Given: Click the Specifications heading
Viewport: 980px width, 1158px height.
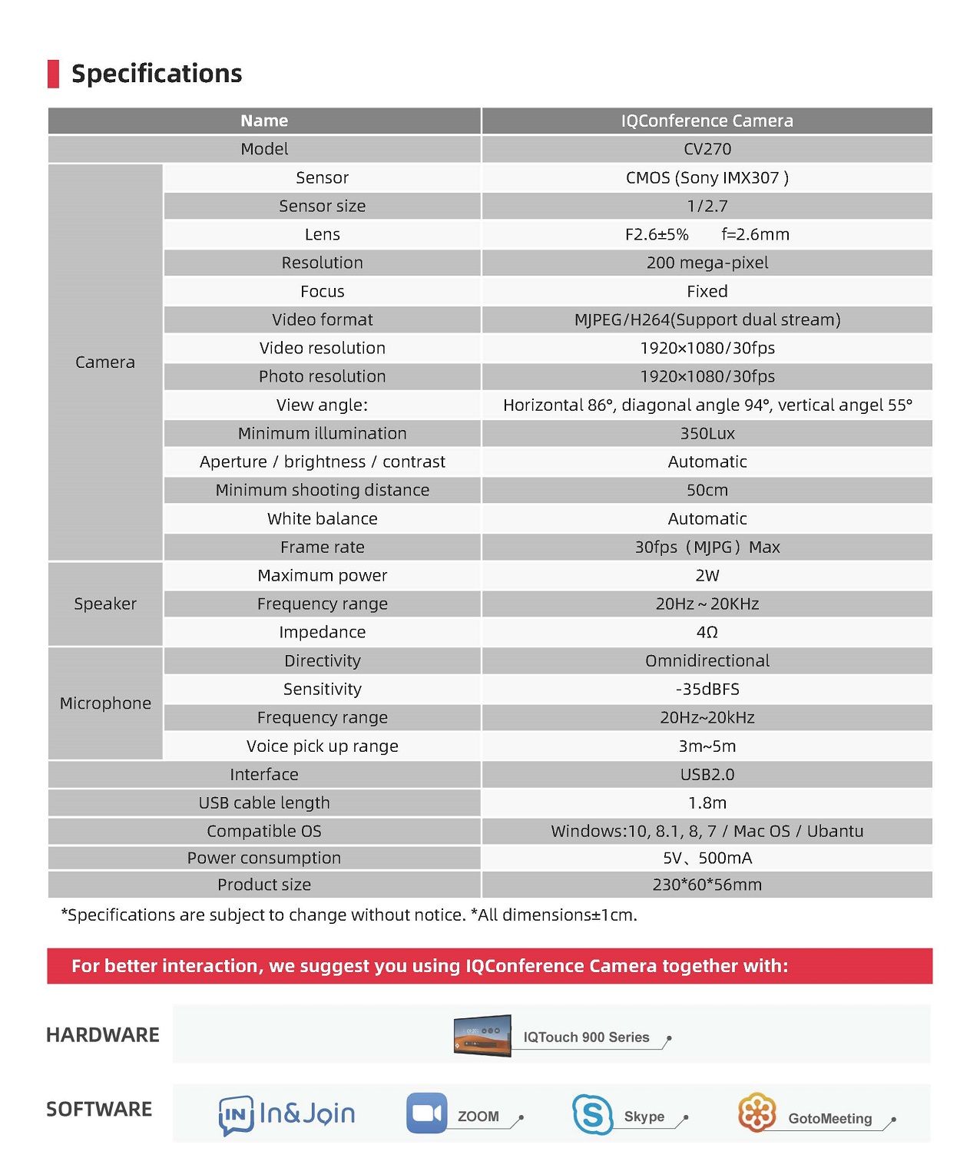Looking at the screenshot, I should (x=156, y=74).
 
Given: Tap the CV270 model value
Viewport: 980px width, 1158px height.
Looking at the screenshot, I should (x=707, y=149).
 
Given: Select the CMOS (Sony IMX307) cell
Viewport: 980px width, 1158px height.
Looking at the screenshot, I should (x=707, y=178).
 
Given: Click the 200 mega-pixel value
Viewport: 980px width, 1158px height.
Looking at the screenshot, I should (x=707, y=263).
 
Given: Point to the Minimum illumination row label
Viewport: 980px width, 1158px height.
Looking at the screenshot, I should (x=322, y=433).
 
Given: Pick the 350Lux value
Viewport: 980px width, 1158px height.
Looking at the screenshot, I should (x=707, y=434).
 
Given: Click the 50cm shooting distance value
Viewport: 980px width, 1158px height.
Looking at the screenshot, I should (x=707, y=490).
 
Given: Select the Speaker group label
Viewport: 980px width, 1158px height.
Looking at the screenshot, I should (x=105, y=604).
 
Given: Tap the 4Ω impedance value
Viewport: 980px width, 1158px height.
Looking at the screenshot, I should (x=707, y=632).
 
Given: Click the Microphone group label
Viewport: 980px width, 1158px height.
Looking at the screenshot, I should (x=105, y=703).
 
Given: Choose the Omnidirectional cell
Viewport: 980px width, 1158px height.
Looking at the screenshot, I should (x=707, y=660).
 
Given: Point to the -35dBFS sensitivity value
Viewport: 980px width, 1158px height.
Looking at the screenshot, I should (x=707, y=689).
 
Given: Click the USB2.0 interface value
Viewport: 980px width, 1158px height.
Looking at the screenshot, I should (x=707, y=774).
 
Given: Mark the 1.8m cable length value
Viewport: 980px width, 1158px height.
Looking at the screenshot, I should (x=707, y=802).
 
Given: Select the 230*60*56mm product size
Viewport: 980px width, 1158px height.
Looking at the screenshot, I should (x=707, y=885).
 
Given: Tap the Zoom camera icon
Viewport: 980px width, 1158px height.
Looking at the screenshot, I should (x=426, y=1113).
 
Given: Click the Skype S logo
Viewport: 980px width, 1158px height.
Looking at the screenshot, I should (x=592, y=1114).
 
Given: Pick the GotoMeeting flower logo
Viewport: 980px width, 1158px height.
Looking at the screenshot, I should (x=757, y=1112).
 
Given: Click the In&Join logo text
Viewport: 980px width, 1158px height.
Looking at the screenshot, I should (x=306, y=1113).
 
